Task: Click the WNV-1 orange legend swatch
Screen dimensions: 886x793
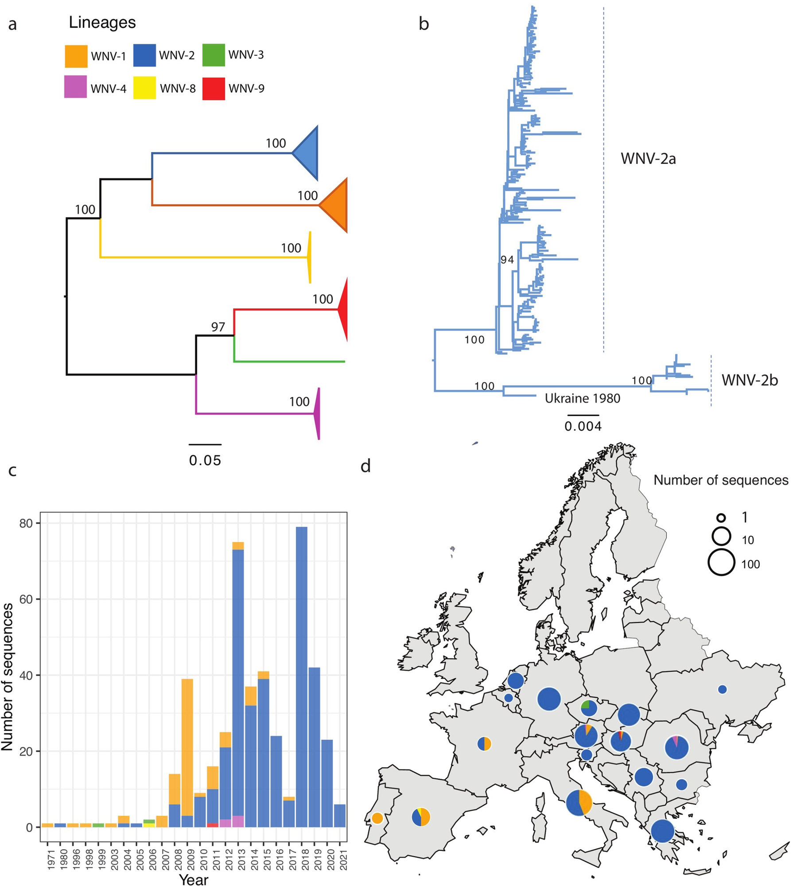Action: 76,56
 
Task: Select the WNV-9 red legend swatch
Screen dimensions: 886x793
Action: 214,88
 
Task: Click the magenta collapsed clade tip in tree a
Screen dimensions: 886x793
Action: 317,414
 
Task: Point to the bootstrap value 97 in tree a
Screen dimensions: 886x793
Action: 218,327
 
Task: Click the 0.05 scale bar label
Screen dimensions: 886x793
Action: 205,461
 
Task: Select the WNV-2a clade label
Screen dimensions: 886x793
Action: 648,159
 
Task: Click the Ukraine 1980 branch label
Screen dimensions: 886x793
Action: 582,398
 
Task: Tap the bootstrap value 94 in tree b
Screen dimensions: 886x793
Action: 507,260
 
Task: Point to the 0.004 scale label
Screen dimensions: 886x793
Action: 583,426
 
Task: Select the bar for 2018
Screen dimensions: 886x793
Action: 302,678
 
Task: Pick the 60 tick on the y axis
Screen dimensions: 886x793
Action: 26,599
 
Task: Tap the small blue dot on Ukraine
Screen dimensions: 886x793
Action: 722,689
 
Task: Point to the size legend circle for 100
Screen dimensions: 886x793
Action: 721,562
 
